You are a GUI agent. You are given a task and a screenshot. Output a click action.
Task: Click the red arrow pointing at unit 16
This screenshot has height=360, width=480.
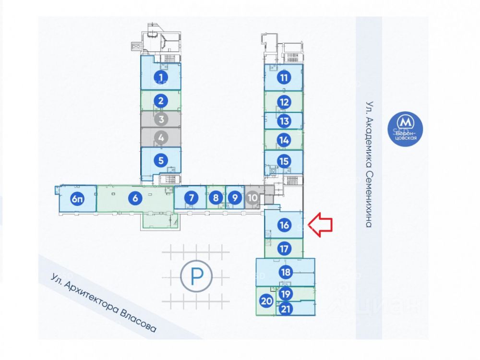[320, 225]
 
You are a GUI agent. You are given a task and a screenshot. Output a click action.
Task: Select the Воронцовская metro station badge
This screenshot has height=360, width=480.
[405, 129]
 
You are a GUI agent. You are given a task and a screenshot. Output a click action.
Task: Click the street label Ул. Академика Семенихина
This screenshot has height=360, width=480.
[370, 164]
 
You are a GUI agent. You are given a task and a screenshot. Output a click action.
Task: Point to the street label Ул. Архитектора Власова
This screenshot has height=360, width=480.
[104, 302]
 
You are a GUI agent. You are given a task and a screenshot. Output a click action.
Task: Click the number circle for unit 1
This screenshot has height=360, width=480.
[161, 77]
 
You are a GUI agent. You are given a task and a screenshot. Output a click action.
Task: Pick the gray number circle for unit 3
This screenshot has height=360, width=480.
[161, 119]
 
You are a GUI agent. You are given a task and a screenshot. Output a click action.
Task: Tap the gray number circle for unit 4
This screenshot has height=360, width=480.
[161, 138]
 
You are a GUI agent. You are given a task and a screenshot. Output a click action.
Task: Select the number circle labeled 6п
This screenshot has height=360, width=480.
[77, 199]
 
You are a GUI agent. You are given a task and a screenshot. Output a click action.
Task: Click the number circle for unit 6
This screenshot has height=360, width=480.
[135, 198]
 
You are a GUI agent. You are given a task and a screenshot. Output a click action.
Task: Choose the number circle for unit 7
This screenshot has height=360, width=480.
[192, 198]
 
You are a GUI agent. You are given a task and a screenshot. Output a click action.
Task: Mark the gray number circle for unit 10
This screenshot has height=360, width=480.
[252, 198]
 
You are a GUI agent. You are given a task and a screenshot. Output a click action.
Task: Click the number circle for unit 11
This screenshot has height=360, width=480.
[284, 77]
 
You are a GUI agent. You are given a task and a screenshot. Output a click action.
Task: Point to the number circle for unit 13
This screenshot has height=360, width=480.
[284, 121]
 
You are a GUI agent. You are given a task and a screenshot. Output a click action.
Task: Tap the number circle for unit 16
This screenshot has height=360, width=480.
[284, 225]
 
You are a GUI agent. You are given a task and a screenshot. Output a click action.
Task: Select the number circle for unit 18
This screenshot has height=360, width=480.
[286, 272]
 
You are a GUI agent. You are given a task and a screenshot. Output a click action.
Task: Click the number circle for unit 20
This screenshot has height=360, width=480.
[266, 301]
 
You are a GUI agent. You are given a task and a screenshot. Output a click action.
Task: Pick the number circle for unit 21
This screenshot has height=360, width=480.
[286, 309]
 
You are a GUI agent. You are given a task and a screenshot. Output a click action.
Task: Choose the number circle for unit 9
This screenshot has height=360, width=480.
[235, 198]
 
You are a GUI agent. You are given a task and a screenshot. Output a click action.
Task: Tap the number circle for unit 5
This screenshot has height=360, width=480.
[161, 160]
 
